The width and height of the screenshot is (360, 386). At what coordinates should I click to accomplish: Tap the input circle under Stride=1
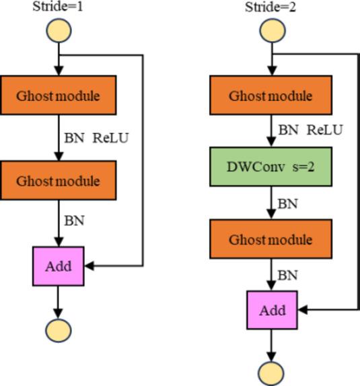[x=58, y=30]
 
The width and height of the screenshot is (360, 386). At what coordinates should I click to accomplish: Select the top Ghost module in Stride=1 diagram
[x=58, y=95]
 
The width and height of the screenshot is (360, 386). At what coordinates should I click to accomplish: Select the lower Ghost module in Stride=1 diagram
[x=58, y=181]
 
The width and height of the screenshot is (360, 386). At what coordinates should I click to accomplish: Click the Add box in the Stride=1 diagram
[x=59, y=266]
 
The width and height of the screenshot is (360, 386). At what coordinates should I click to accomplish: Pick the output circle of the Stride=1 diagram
[x=58, y=330]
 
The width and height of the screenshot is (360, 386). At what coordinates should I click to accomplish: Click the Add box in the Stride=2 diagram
[x=272, y=311]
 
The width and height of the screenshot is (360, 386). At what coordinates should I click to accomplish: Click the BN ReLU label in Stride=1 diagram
[x=96, y=138]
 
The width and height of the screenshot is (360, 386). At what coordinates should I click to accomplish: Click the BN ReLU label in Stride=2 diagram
[x=310, y=130]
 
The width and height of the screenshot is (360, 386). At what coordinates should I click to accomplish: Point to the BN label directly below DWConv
[x=288, y=204]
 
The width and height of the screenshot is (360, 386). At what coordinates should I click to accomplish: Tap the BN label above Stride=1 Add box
[x=74, y=221]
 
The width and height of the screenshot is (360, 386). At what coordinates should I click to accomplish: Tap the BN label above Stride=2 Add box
[x=288, y=275]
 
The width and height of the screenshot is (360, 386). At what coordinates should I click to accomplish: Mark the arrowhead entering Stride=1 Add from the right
[x=89, y=266]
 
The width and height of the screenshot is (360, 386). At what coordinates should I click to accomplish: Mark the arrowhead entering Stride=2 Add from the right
[x=303, y=311]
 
